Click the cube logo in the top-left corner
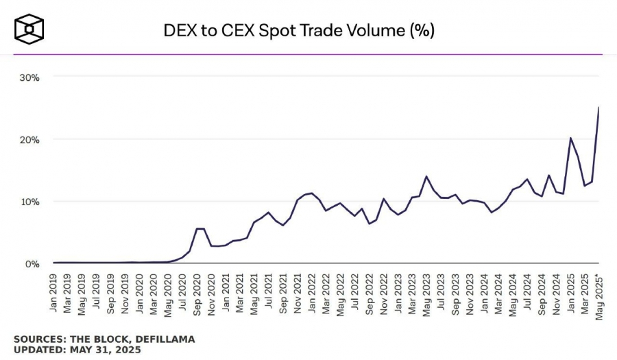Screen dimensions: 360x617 coord(29,29)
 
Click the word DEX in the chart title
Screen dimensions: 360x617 coord(179,30)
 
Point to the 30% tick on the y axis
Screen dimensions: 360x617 coord(29,77)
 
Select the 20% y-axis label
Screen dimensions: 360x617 coord(29,139)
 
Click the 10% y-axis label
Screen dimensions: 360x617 coord(29,202)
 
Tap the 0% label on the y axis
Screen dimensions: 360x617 coord(32,263)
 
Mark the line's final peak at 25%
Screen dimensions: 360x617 coord(599,108)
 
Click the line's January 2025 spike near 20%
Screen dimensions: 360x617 coord(570,138)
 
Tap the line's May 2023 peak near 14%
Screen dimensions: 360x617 coord(426,176)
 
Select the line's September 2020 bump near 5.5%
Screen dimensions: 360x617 coord(197,228)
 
